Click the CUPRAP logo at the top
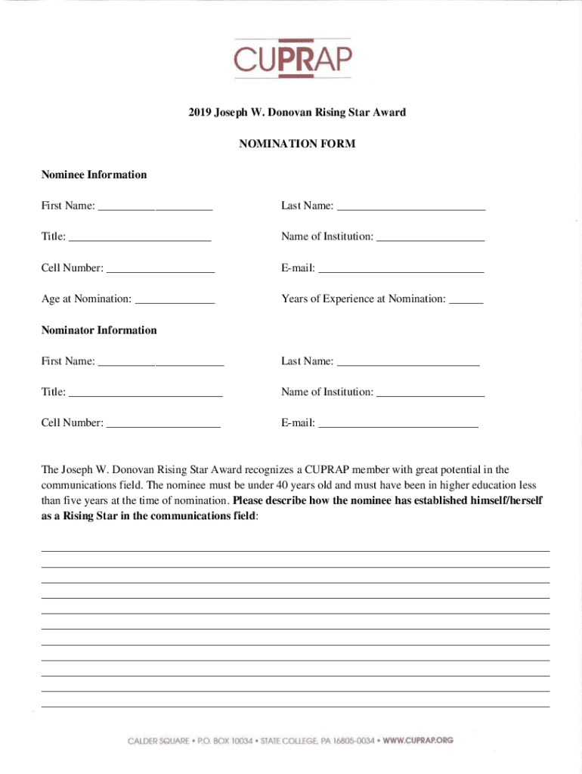tap(292, 58)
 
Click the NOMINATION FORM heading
tap(297, 144)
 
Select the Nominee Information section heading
tap(94, 175)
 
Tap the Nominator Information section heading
tap(99, 330)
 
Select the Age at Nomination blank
tap(174, 300)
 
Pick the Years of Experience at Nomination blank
tap(466, 300)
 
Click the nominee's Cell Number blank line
tap(160, 269)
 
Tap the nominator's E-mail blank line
tap(398, 424)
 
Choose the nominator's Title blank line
tap(145, 393)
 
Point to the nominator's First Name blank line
tap(161, 362)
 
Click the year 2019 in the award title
tap(200, 113)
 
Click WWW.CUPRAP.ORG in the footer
tap(418, 741)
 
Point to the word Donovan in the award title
tap(295, 113)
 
